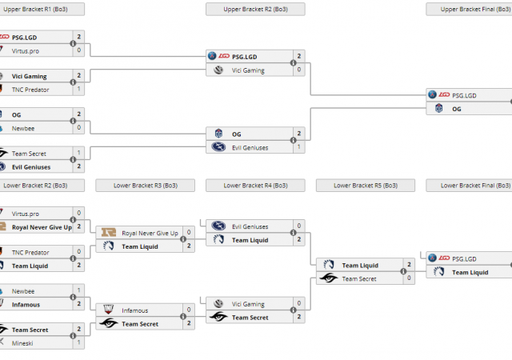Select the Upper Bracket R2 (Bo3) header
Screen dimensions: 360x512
click(255, 9)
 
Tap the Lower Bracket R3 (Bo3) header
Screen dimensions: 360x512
click(145, 186)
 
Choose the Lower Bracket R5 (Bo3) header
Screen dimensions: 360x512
click(366, 186)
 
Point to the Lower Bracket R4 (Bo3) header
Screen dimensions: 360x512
click(255, 186)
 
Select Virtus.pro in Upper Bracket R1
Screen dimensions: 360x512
click(26, 50)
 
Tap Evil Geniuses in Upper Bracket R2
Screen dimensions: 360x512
click(250, 147)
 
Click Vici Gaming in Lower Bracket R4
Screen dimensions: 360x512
click(248, 304)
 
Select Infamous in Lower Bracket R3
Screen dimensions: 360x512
click(134, 310)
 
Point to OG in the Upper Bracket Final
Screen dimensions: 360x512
click(457, 108)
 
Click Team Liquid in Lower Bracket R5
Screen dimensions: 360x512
click(359, 266)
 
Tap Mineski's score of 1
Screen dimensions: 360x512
click(78, 342)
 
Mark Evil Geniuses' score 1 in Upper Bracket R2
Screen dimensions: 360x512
click(298, 147)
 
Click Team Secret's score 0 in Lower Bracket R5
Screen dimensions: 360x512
click(409, 278)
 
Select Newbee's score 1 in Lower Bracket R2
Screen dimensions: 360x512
click(78, 291)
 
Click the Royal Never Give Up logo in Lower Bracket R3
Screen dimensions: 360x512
click(108, 234)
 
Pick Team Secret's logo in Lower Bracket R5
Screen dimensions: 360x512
click(328, 278)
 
